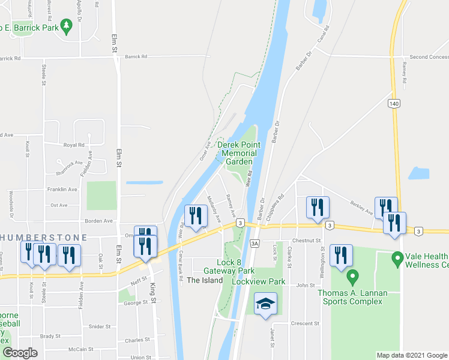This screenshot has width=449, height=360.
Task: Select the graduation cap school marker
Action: click(265, 304)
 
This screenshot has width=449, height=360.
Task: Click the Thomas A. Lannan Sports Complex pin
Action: click(353, 278)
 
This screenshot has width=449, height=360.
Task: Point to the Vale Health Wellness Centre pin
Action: click(396, 260)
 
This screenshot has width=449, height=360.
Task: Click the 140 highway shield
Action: click(393, 104)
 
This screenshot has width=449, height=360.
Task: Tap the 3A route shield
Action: click(255, 243)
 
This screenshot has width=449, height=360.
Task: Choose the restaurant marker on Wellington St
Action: click(340, 255)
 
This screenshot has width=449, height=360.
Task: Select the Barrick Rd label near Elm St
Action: click(136, 56)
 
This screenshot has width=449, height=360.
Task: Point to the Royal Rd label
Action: click(74, 145)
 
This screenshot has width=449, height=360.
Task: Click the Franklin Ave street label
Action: click(64, 190)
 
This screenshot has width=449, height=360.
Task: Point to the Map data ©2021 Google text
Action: click(412, 355)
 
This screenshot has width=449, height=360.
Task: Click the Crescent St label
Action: click(305, 323)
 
